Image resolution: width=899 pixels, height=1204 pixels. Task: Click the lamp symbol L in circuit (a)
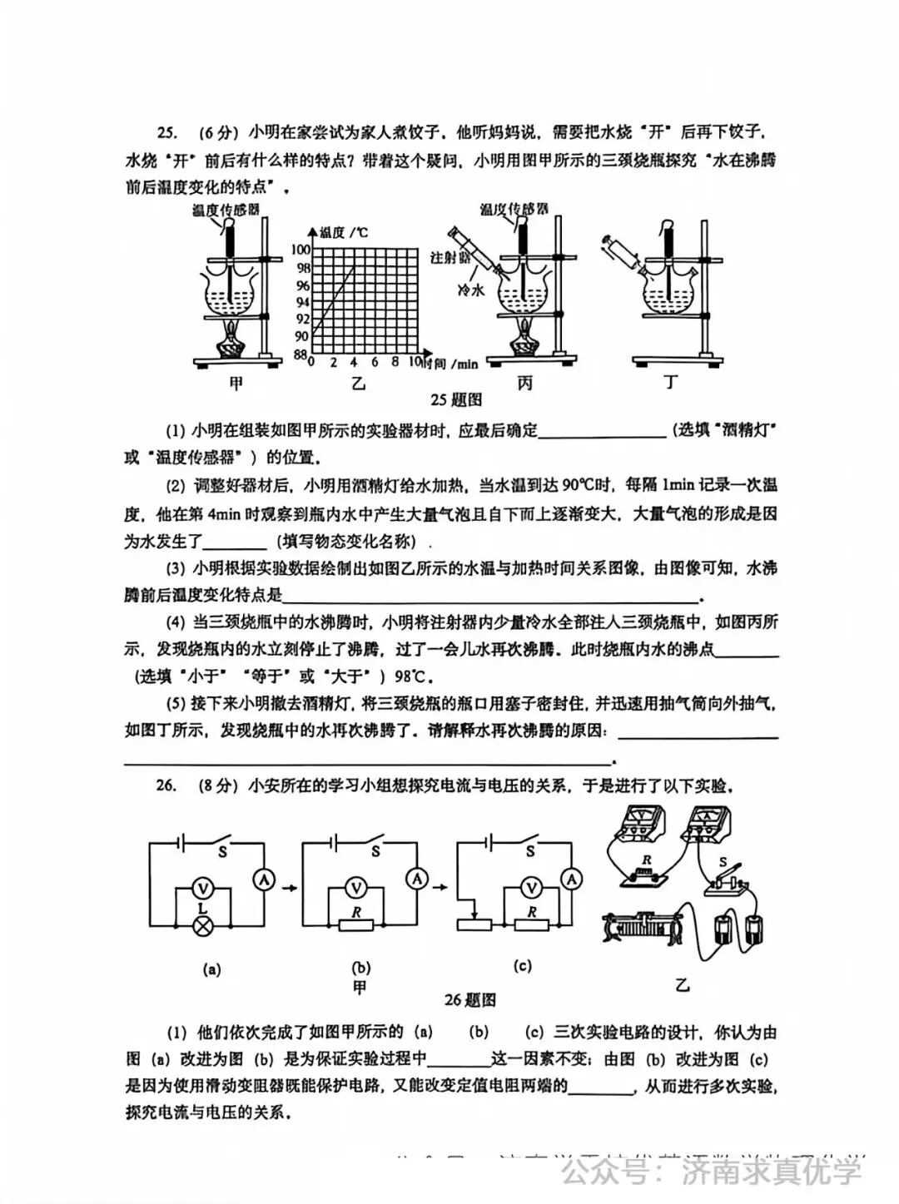point(201,926)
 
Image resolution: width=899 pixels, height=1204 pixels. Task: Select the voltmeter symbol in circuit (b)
point(356,889)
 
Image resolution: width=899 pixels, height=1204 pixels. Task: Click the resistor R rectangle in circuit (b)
point(356,924)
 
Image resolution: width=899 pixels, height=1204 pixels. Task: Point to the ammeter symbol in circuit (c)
point(571,878)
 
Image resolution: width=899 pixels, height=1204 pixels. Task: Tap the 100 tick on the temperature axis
point(300,250)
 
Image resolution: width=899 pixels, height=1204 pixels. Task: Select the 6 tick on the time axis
point(375,363)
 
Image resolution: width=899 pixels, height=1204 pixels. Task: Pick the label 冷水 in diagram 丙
point(470,290)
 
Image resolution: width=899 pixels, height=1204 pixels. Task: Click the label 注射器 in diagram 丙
point(449,258)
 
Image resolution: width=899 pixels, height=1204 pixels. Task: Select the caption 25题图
point(456,400)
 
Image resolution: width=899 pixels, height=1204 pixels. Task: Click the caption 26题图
point(469,999)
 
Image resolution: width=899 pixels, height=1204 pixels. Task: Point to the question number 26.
point(166,785)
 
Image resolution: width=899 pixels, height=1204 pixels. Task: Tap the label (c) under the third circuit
point(523,966)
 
